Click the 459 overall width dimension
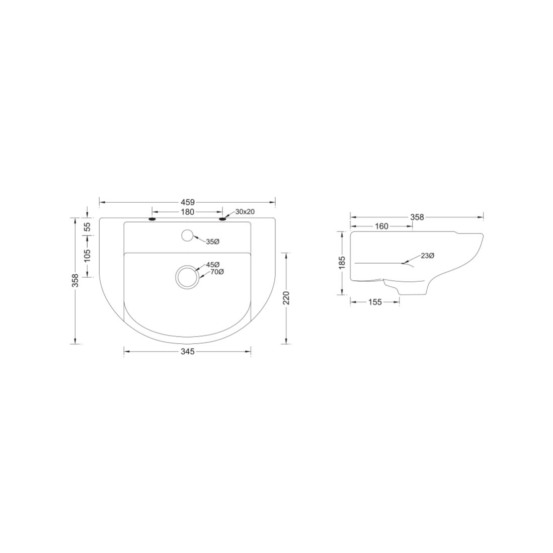pyautogui.click(x=187, y=202)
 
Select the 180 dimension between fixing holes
pyautogui.click(x=187, y=212)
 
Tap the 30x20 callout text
pyautogui.click(x=245, y=212)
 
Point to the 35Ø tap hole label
pyautogui.click(x=213, y=242)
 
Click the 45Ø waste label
pyautogui.click(x=213, y=265)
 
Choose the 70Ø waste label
pyautogui.click(x=217, y=272)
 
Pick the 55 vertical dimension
pyautogui.click(x=87, y=226)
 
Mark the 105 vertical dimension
pyautogui.click(x=87, y=255)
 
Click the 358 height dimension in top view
pyautogui.click(x=75, y=281)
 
